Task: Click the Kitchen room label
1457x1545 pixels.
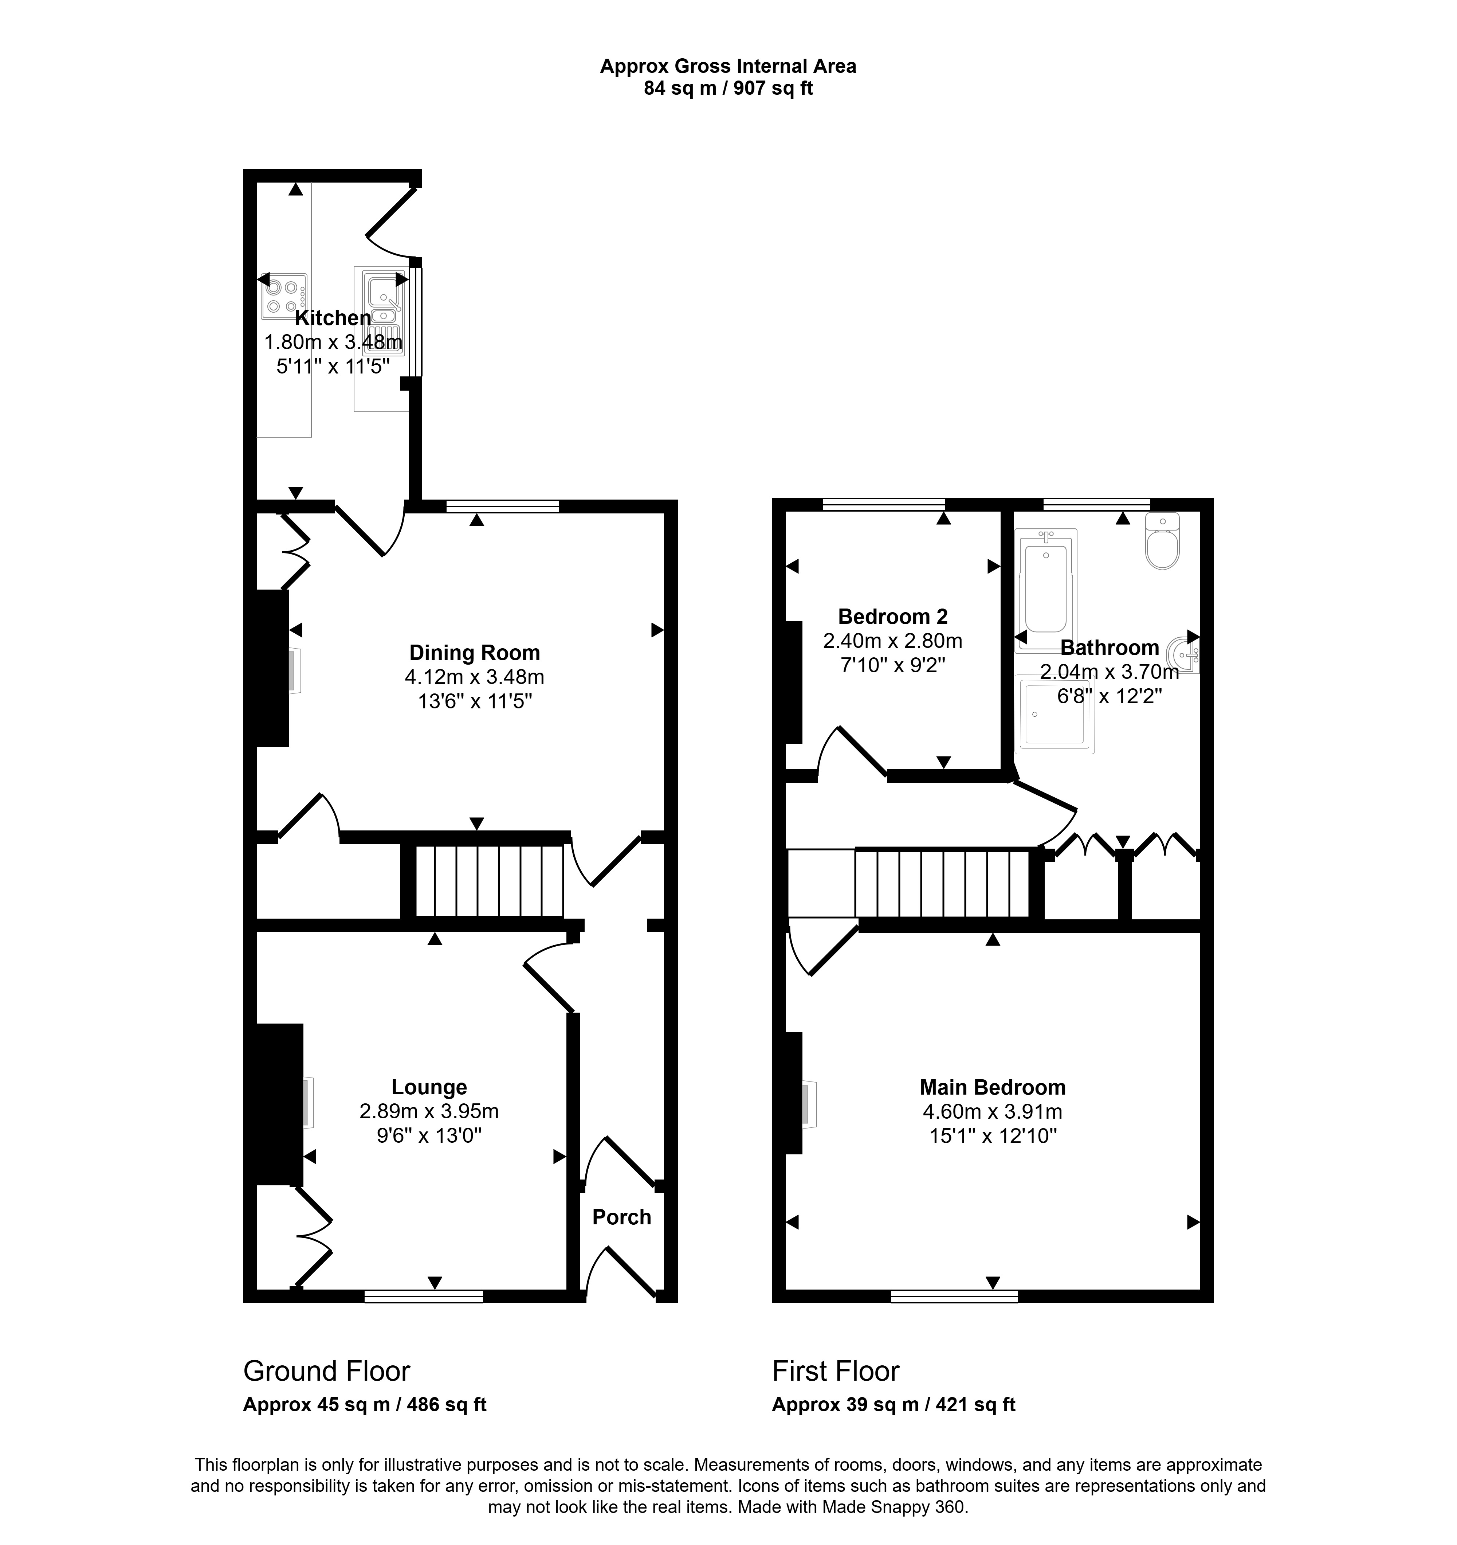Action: pos(333,318)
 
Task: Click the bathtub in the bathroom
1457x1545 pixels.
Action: pos(1046,590)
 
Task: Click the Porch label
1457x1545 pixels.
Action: pos(622,1217)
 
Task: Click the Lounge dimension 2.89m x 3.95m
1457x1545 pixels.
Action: pos(429,1111)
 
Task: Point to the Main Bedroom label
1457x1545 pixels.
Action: pos(993,1087)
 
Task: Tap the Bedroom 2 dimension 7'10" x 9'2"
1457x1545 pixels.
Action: pos(893,665)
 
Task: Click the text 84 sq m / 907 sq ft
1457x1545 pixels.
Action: pos(728,89)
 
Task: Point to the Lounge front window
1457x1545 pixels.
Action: pos(424,1295)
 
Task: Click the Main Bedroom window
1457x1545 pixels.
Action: pos(954,1295)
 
